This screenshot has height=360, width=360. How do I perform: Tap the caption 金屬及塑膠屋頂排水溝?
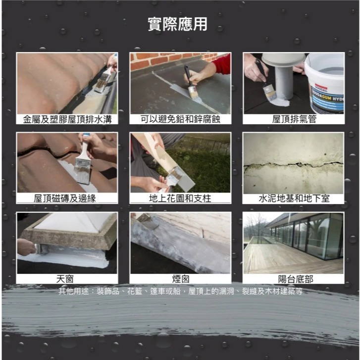click(x=67, y=119)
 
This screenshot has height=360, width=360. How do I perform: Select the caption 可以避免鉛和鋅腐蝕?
click(x=180, y=119)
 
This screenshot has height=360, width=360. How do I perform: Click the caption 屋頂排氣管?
click(x=294, y=119)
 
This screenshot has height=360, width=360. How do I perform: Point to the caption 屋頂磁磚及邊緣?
click(x=67, y=199)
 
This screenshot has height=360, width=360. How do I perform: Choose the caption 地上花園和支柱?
click(x=180, y=199)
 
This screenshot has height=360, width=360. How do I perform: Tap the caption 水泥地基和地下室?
click(x=294, y=199)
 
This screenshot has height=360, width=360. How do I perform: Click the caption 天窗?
click(x=67, y=279)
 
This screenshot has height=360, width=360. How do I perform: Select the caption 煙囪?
click(x=180, y=279)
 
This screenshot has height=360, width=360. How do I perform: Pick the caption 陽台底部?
click(x=294, y=279)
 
